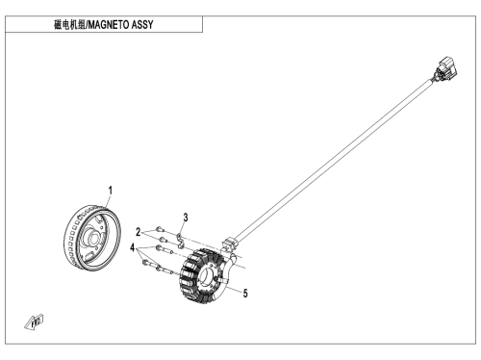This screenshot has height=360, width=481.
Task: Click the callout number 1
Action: coord(111,191)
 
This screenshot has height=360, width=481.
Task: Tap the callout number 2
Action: coord(139,232)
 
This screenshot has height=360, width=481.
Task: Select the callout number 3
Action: coord(186,218)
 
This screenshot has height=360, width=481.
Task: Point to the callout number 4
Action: coord(133,247)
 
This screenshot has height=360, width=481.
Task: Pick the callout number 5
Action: coord(245,294)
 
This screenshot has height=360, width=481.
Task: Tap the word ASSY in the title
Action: coord(142,25)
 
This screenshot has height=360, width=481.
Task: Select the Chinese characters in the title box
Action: coord(69,25)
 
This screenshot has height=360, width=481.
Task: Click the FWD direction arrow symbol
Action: coord(34,321)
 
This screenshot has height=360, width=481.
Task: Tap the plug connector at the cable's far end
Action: coord(446,69)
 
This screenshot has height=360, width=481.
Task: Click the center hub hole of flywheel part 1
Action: coord(92,240)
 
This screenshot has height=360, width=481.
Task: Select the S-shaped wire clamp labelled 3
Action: coord(181,241)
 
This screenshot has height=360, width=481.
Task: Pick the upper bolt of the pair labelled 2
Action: coord(160,229)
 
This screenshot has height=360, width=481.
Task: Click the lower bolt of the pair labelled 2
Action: coord(163,239)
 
